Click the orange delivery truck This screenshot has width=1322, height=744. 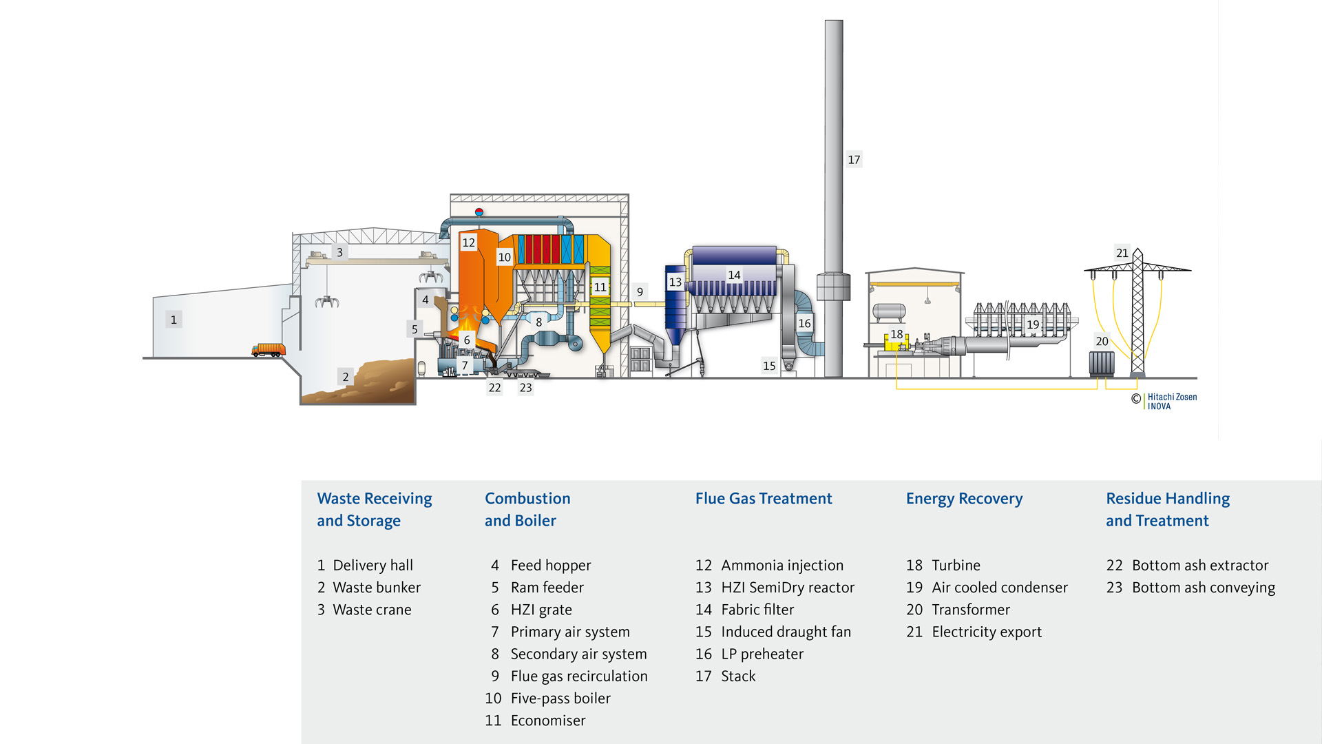pyautogui.click(x=268, y=350)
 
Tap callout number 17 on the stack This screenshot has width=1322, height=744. pyautogui.click(x=854, y=160)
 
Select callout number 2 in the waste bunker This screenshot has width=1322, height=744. pyautogui.click(x=346, y=377)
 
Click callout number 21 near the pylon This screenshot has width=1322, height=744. pyautogui.click(x=1122, y=253)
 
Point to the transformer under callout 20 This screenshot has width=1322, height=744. pyautogui.click(x=1101, y=363)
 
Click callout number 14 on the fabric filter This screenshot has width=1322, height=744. pyautogui.click(x=734, y=275)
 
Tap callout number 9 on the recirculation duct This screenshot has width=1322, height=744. pyautogui.click(x=640, y=292)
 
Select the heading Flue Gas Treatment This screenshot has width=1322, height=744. pyautogui.click(x=763, y=498)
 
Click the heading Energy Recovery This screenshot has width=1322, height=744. pyautogui.click(x=964, y=498)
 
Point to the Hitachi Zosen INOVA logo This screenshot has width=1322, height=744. pyautogui.click(x=1171, y=401)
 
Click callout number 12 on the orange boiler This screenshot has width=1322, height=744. pyautogui.click(x=469, y=242)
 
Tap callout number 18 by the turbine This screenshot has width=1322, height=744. pyautogui.click(x=896, y=334)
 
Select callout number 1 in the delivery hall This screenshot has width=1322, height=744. pyautogui.click(x=174, y=320)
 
